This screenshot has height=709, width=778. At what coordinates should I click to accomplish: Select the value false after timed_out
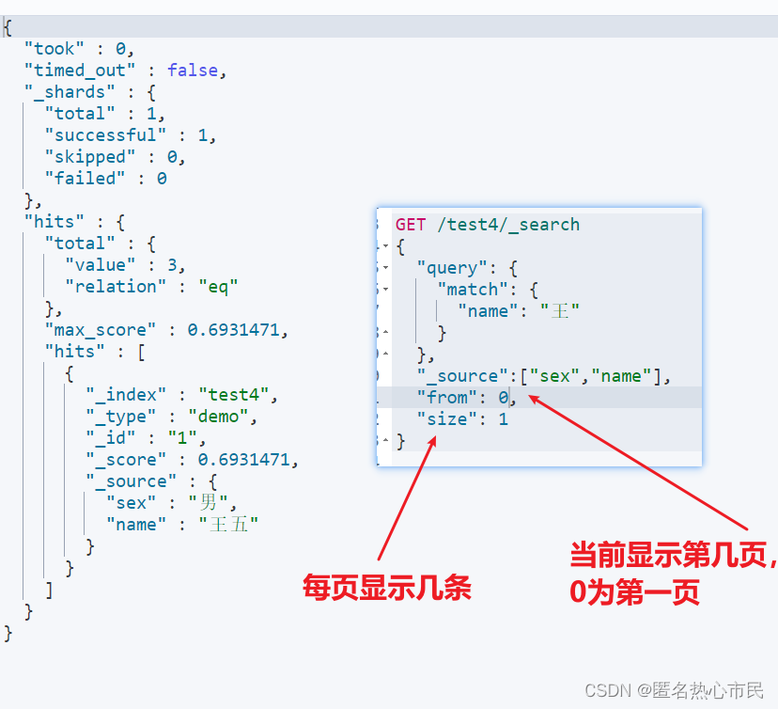click(193, 71)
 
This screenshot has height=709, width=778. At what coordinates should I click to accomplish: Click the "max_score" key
click(96, 330)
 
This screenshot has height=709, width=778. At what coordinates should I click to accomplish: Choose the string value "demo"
click(222, 417)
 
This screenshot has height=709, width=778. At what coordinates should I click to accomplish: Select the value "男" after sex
click(208, 503)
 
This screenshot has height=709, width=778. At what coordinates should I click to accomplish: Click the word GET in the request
click(411, 225)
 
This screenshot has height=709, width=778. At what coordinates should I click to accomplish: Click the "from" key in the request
click(447, 398)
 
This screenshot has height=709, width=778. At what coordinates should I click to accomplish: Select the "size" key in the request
click(447, 419)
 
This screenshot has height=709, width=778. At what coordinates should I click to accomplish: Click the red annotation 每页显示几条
click(386, 589)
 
